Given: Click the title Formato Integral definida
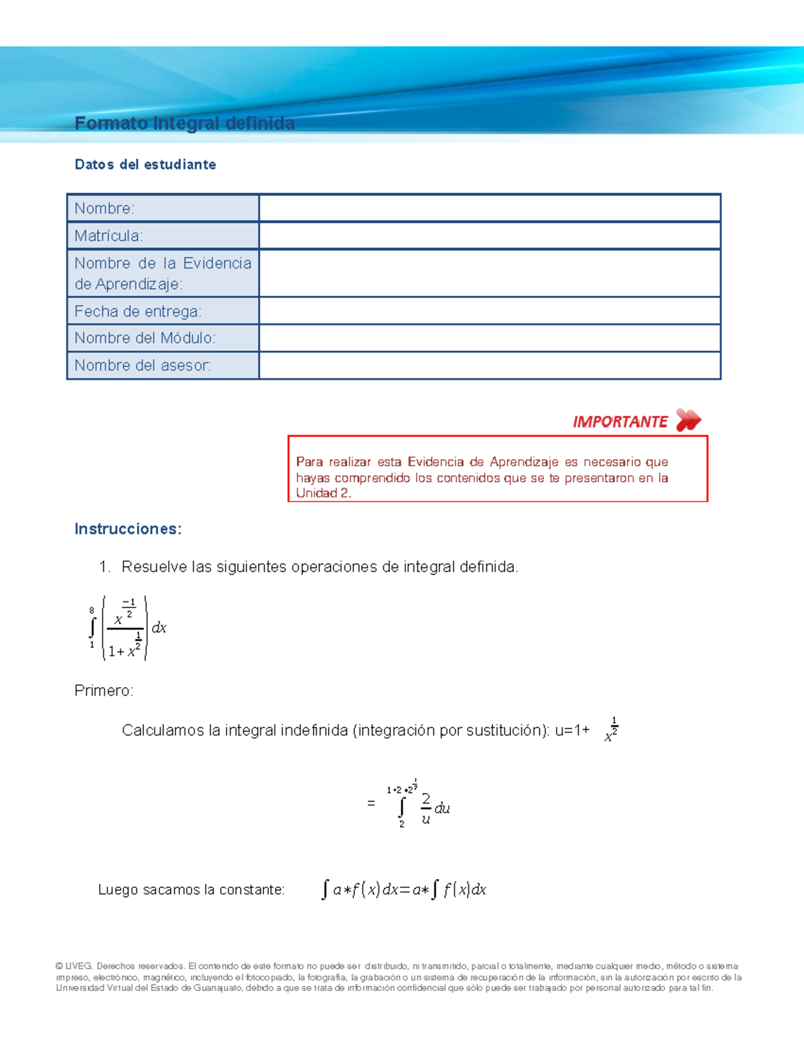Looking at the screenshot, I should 184,123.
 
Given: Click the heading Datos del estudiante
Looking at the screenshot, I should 145,165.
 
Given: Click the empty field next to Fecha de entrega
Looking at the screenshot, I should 489,311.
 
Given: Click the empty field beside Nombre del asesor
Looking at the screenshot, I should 489,366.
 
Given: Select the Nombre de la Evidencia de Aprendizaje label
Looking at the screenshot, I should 162,273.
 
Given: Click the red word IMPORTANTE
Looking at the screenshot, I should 620,422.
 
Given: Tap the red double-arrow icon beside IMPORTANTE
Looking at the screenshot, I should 688,421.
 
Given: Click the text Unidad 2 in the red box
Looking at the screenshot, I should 322,494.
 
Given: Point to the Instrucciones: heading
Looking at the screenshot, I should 128,529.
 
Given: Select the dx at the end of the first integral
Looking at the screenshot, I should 159,628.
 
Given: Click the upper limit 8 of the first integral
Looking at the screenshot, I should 92,610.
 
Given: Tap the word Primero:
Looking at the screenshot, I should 104,690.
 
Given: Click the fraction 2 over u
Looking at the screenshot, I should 425,808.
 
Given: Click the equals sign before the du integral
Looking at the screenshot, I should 371,803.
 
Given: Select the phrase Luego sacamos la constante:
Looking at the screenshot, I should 191,890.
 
